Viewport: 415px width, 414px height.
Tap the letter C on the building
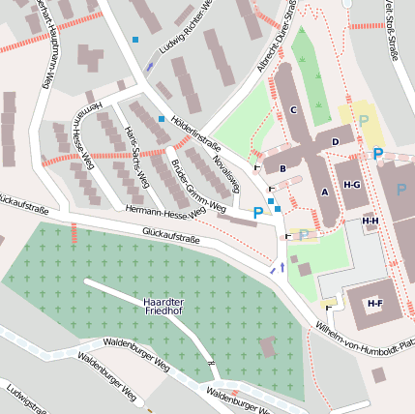292,109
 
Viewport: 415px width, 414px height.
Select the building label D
335,142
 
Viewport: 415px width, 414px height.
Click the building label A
325,192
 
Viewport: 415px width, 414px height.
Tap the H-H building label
370,221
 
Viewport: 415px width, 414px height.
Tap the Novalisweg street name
225,166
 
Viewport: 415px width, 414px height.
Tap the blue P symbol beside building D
377,154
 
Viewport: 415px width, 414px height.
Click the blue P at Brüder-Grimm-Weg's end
257,212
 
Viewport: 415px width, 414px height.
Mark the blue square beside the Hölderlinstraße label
162,119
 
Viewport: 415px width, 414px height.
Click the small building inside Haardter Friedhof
269,346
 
